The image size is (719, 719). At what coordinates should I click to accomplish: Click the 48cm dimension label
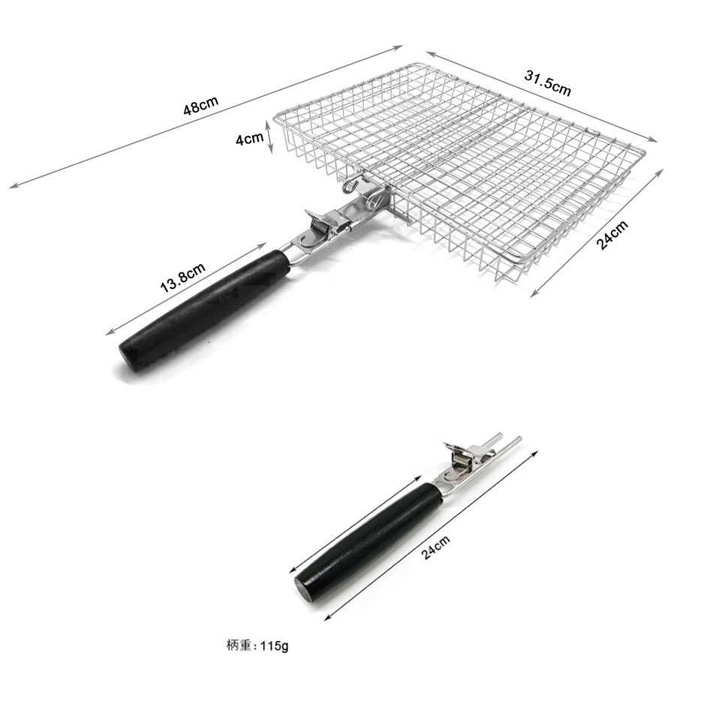point(201,105)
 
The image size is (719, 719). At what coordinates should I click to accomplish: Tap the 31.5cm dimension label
point(547,83)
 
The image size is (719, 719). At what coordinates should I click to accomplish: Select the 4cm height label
point(250,137)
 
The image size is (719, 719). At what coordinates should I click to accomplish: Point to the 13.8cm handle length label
point(182,278)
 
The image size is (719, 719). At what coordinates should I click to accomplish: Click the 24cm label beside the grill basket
point(612,235)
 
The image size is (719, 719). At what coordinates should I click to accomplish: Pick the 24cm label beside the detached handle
point(435,547)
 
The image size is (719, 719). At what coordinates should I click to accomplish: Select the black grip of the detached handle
point(369,542)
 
